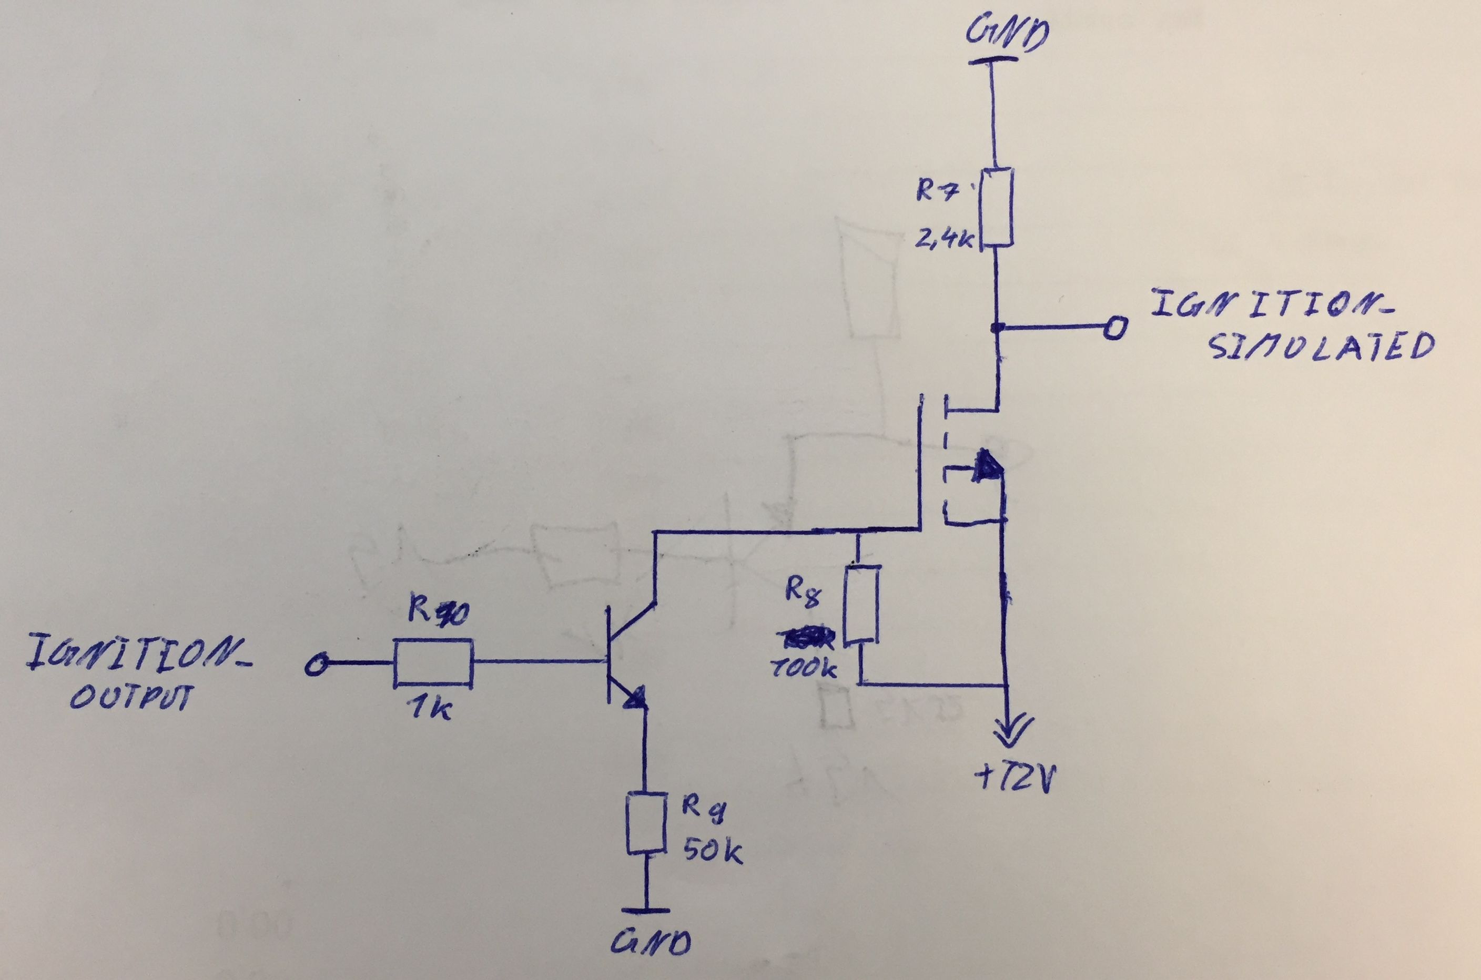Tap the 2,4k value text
tap(945, 239)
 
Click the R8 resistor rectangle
tap(862, 605)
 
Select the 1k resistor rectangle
tap(433, 662)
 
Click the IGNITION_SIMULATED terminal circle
tap(1114, 328)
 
